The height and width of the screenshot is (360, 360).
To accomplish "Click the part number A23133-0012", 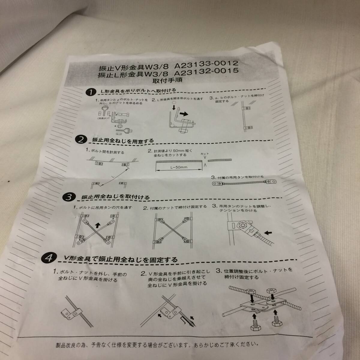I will (207, 64).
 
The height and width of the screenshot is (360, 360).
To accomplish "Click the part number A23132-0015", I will (207, 71).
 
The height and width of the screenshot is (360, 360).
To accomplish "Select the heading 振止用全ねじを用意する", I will (123, 140).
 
